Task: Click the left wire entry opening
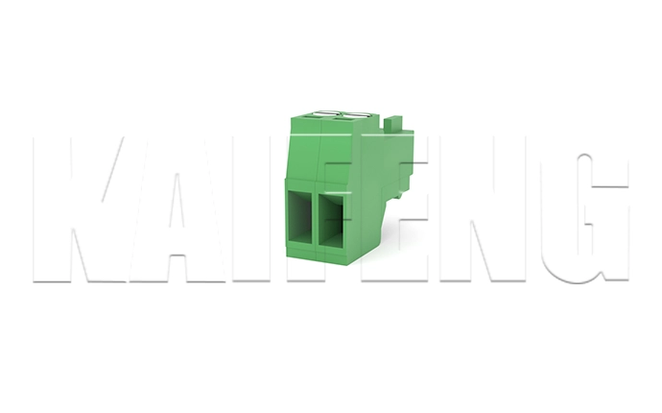coord(302,218)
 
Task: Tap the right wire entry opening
coord(333,220)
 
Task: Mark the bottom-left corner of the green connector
coord(288,254)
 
